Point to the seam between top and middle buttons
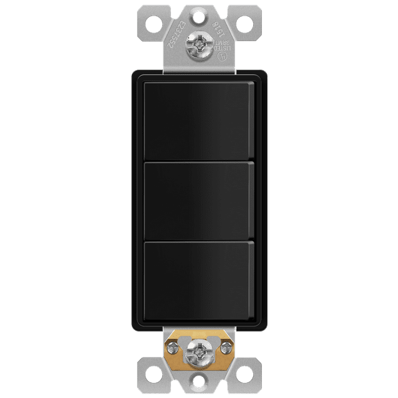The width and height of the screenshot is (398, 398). (x=198, y=160)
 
